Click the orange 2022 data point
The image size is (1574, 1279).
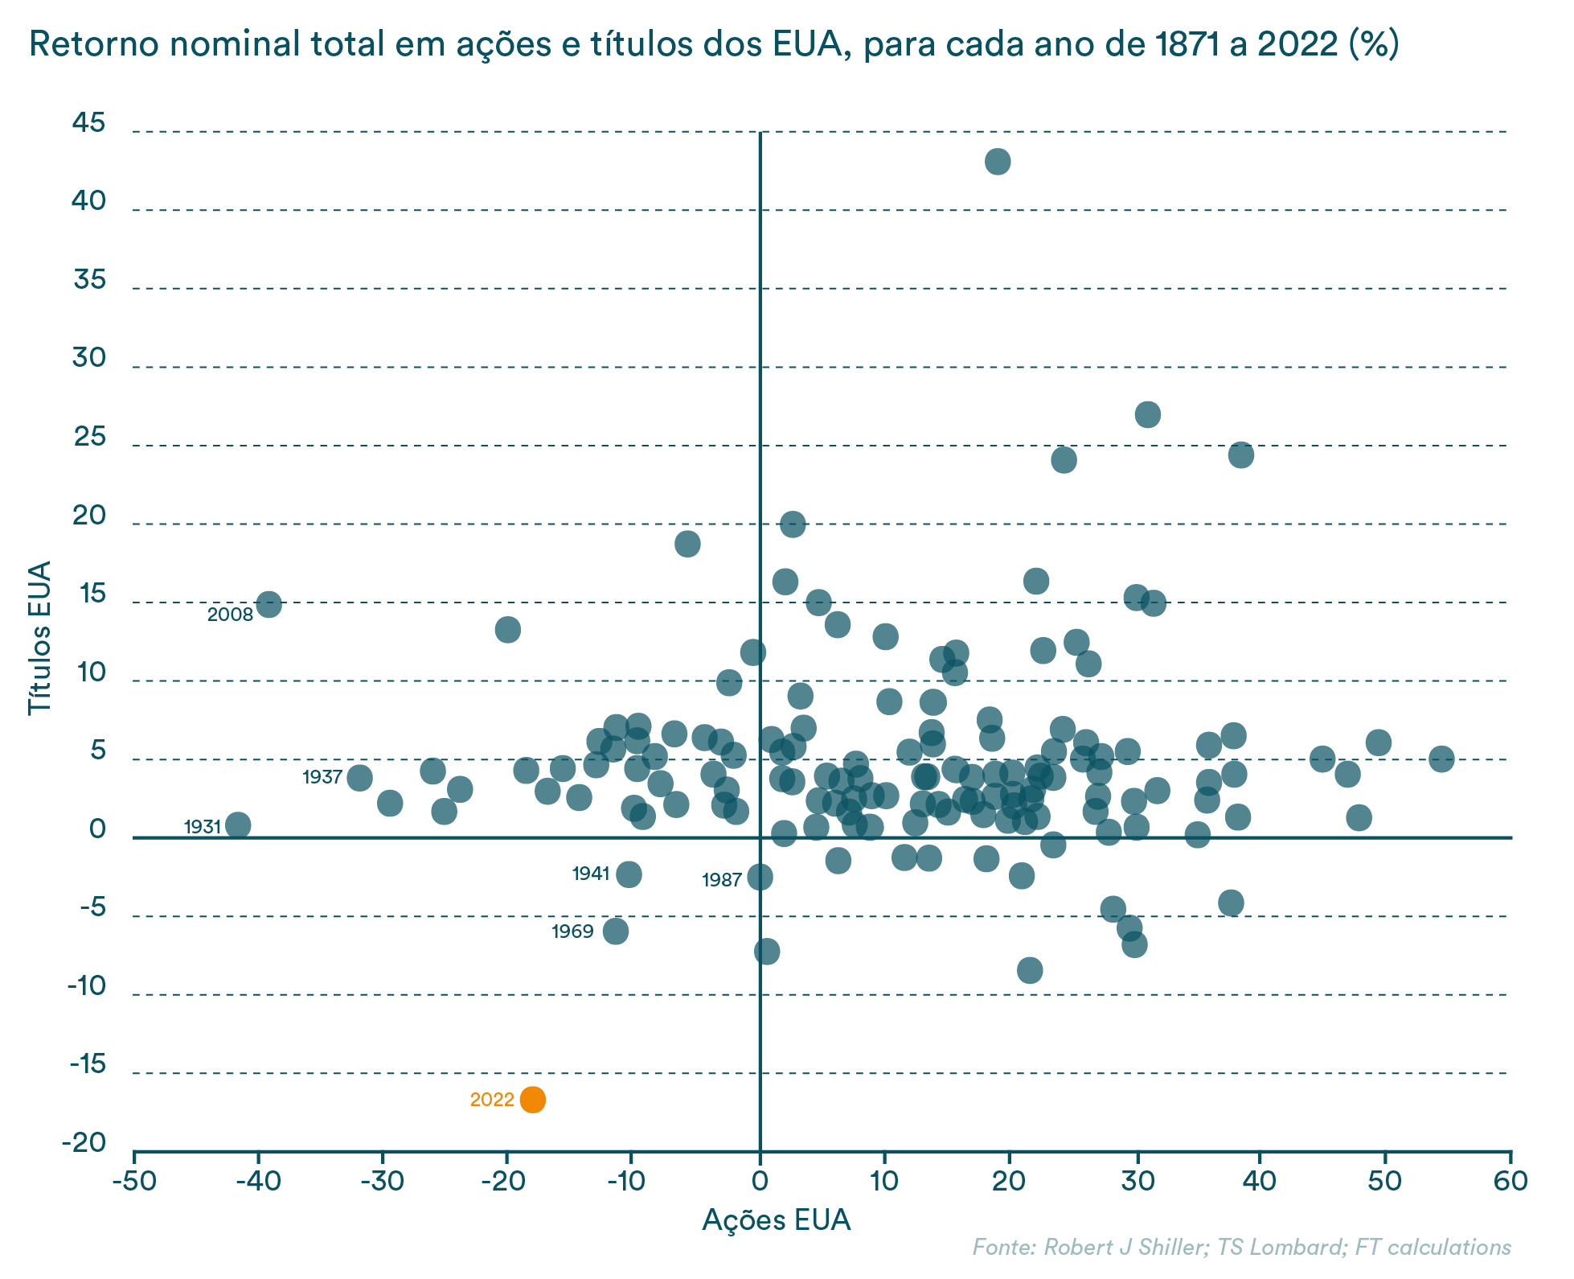click(532, 1100)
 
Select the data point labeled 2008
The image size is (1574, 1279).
click(268, 604)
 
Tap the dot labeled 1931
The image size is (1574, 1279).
click(238, 825)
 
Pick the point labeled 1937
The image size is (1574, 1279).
click(360, 778)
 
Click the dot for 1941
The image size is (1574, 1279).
click(629, 874)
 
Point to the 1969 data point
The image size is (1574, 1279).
click(616, 931)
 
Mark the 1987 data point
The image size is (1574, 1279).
click(760, 877)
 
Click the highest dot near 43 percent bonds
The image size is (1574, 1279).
click(998, 162)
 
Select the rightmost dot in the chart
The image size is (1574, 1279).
click(1441, 759)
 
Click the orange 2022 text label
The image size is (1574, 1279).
click(492, 1100)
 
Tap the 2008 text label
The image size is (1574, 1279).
click(230, 615)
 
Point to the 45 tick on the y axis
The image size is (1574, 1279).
click(88, 123)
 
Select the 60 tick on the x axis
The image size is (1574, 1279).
click(1510, 1181)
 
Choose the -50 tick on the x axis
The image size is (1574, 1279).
click(133, 1181)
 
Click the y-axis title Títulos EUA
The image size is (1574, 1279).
click(40, 637)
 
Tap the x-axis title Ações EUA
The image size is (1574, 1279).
click(776, 1220)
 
